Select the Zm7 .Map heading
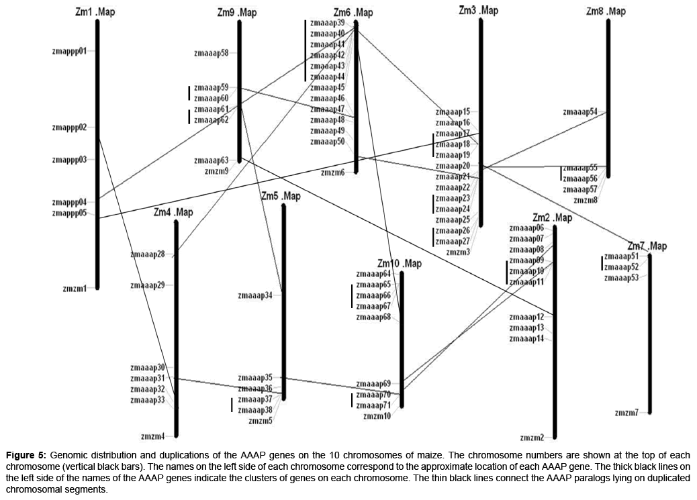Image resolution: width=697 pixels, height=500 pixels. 647,246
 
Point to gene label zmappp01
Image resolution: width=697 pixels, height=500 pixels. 69,50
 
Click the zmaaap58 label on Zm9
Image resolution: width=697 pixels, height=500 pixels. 211,52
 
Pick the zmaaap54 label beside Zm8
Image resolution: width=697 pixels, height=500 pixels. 580,111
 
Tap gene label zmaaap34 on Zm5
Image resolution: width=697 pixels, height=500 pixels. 255,295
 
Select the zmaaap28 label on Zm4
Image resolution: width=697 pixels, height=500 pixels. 148,254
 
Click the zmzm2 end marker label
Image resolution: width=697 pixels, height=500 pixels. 532,438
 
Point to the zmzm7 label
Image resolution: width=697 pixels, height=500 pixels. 626,413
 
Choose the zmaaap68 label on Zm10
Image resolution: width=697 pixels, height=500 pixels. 373,317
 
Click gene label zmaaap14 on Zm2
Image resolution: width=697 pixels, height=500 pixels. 526,338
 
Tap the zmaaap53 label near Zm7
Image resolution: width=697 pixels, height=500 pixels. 621,277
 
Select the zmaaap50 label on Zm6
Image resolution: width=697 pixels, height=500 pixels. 328,142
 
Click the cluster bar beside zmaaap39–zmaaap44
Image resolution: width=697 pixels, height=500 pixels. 306,50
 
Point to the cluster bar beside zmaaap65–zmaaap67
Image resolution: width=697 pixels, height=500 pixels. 352,296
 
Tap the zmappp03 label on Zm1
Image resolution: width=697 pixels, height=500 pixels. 69,159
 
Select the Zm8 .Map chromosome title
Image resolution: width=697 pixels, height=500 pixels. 605,11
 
